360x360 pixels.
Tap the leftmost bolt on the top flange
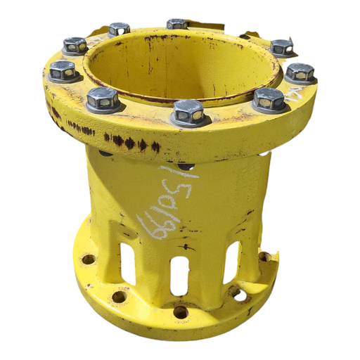(x=63, y=70)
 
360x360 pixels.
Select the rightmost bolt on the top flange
(x=300, y=72)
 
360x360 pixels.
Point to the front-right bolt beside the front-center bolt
(x=269, y=99)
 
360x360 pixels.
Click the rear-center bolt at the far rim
(x=177, y=25)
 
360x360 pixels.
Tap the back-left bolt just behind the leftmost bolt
(x=75, y=46)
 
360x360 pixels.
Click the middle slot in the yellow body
(x=179, y=275)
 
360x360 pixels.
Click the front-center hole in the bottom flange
(x=180, y=311)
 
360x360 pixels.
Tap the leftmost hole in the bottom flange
(x=88, y=259)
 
